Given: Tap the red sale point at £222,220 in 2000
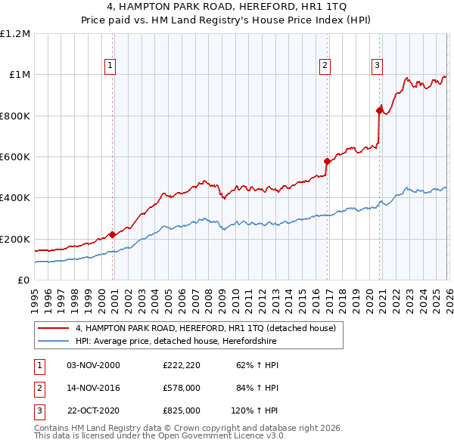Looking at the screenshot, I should [113, 234].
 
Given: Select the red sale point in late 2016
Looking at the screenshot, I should [327, 161].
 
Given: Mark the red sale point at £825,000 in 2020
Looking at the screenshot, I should [379, 110].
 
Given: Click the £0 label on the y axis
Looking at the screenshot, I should [23, 280].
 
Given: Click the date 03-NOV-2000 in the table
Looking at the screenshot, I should [94, 365].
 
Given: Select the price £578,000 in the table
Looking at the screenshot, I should [182, 388].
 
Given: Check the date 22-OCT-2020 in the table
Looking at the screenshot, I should [94, 410].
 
